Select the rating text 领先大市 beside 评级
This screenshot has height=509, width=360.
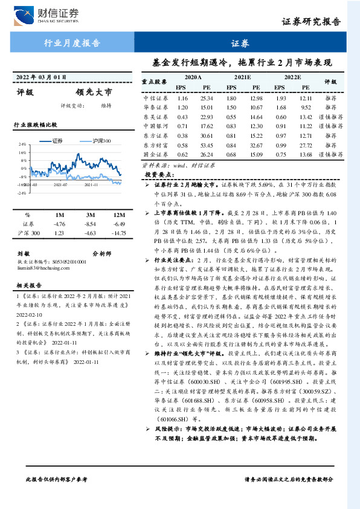click(x=94, y=92)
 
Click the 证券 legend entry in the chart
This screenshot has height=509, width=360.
click(x=57, y=140)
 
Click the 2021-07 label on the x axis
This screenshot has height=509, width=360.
click(x=60, y=186)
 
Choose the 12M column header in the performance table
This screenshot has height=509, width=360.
click(x=118, y=215)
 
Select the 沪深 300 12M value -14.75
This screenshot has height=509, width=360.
click(x=118, y=233)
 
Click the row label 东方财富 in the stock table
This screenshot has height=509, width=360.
click(x=155, y=145)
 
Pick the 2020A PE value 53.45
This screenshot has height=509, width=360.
click(x=207, y=145)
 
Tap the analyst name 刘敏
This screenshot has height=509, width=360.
click(x=24, y=254)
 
